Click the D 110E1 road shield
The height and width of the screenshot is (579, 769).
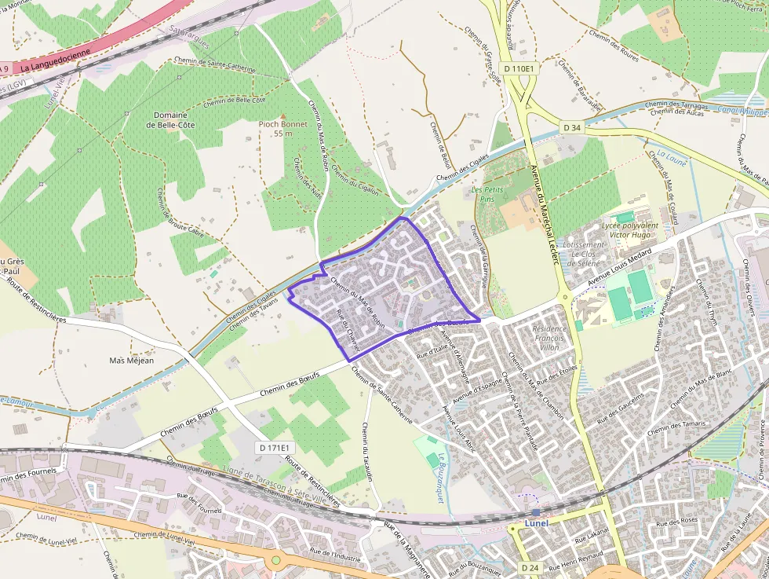(519, 68)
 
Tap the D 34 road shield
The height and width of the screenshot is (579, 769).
(572, 127)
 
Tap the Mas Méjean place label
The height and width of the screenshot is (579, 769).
(132, 361)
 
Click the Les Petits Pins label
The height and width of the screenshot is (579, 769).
(487, 194)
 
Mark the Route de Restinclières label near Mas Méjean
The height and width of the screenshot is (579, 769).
(36, 309)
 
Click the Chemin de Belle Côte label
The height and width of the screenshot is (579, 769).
(234, 101)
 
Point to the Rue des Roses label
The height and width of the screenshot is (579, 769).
(678, 520)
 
